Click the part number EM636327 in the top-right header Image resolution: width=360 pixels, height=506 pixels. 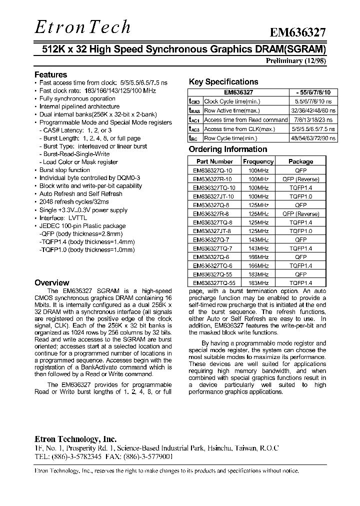298,32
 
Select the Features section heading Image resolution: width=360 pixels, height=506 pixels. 50,74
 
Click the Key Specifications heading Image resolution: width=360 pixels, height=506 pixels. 223,82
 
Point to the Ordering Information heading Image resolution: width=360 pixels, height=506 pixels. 227,149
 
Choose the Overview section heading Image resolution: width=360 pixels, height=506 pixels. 51,282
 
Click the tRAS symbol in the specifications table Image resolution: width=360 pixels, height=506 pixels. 194,111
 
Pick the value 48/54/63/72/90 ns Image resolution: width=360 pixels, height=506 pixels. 313,138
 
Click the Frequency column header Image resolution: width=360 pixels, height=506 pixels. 258,161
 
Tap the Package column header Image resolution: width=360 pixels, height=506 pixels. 300,161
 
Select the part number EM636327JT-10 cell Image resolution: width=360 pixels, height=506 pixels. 214,196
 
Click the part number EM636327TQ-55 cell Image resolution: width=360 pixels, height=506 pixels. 214,282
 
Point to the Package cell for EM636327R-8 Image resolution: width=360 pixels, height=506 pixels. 300,213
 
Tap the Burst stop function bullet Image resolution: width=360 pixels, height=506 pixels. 64,170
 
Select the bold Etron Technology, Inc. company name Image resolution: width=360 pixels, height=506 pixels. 75,439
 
